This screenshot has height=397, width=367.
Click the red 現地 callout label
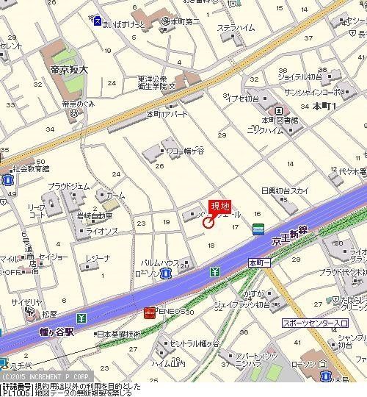(x=220, y=207)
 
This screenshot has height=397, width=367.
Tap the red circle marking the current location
(x=208, y=221)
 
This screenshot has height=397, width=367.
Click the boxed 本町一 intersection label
(x=258, y=262)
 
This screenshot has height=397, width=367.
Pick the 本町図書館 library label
(x=280, y=120)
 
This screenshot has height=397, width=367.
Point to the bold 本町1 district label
(x=323, y=107)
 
